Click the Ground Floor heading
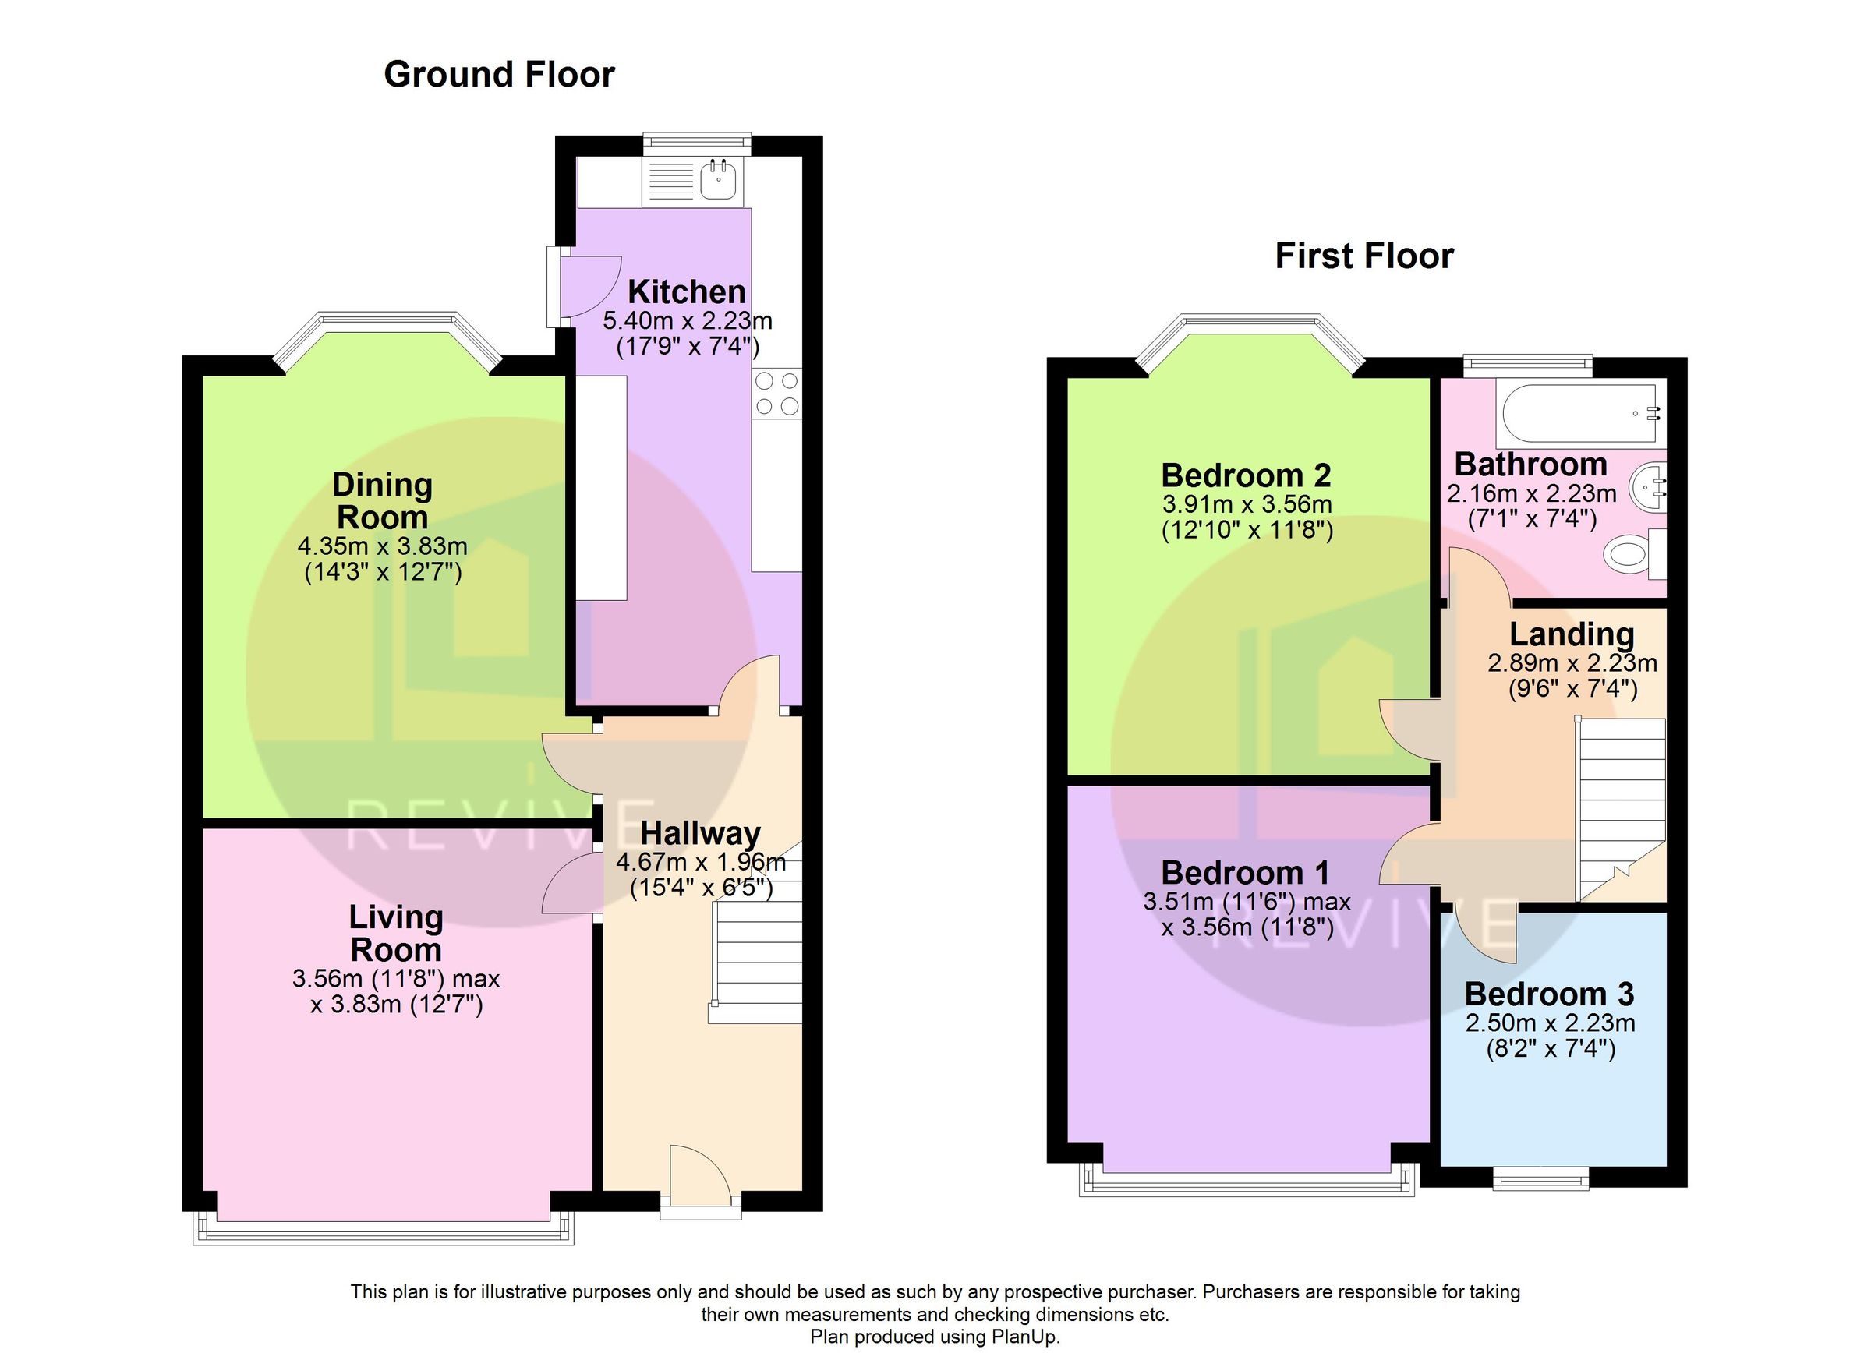pyautogui.click(x=499, y=75)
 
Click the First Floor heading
pyautogui.click(x=1363, y=256)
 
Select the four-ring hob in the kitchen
pyautogui.click(x=776, y=394)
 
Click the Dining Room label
pyautogui.click(x=383, y=500)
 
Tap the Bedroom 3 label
pyautogui.click(x=1548, y=994)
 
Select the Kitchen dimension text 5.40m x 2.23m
pyautogui.click(x=687, y=320)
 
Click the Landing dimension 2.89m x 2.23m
pyautogui.click(x=1572, y=662)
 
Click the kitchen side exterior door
pyautogui.click(x=586, y=285)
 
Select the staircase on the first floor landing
pyautogui.click(x=1620, y=808)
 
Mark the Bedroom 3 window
pyautogui.click(x=1540, y=1180)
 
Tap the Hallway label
pyautogui.click(x=699, y=834)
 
